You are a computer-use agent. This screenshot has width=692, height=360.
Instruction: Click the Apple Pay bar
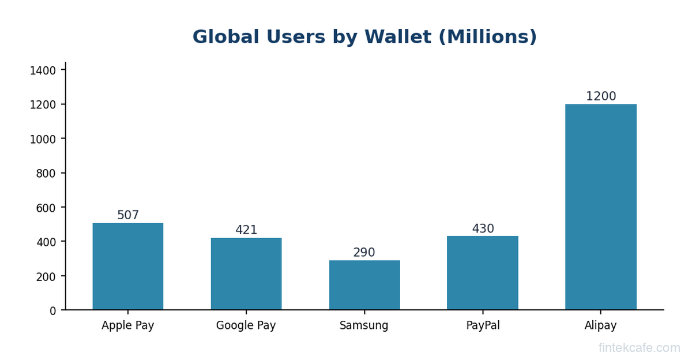128,267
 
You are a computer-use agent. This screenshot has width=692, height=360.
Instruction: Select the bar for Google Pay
246,274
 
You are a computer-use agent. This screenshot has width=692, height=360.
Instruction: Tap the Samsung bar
364,285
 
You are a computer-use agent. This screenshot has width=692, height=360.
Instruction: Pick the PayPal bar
483,273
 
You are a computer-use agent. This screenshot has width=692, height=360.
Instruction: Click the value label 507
128,216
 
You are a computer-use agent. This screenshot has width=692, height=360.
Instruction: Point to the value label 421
246,230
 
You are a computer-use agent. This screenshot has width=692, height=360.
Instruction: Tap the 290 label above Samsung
364,253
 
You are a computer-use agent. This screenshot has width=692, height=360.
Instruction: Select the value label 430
483,229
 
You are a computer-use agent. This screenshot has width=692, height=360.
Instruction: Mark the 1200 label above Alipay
601,97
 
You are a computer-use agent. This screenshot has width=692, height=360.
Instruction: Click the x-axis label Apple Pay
128,325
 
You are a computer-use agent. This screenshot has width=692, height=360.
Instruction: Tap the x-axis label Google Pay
246,325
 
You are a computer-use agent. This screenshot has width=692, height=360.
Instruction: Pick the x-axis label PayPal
483,325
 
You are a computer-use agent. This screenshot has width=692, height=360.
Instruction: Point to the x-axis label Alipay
601,325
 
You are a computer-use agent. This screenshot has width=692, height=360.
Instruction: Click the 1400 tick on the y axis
43,70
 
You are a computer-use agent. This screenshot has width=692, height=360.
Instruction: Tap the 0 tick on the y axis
53,310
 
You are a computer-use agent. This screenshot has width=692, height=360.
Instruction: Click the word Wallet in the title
397,37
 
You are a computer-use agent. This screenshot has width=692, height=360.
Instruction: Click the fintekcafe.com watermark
639,348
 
